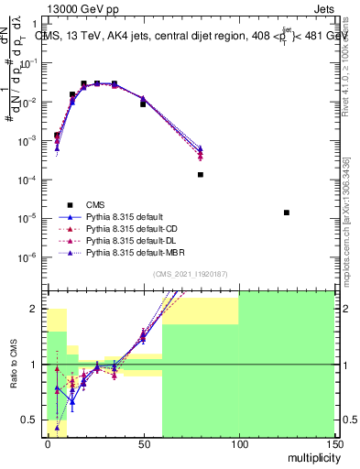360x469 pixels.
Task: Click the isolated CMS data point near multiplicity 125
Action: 287,213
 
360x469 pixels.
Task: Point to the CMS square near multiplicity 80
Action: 200,174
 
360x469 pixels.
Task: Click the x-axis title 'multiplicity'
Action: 309,456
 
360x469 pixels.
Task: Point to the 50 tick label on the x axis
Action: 143,444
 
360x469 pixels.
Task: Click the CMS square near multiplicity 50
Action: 143,104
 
